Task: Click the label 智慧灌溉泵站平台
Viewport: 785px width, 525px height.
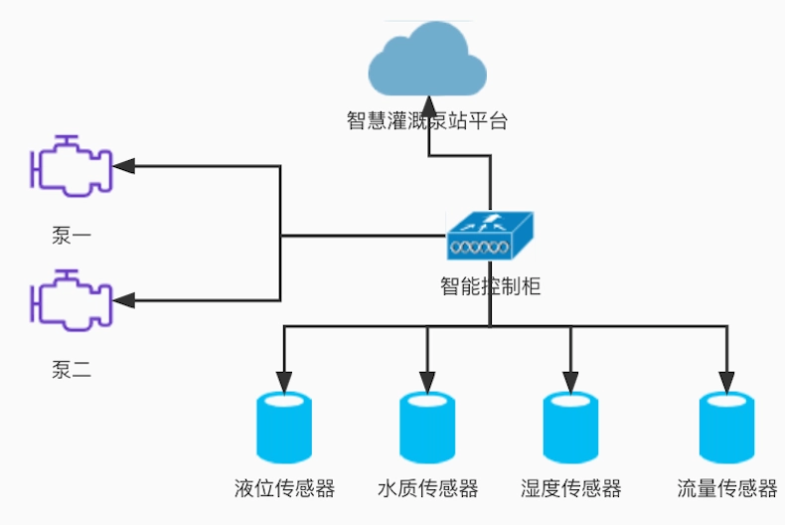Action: (427, 121)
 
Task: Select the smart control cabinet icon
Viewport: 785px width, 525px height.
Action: (489, 237)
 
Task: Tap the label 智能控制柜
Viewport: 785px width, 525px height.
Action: (490, 287)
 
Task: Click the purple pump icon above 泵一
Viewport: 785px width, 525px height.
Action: (72, 164)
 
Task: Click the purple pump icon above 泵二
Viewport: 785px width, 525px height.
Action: (72, 298)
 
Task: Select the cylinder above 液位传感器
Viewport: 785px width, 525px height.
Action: (285, 429)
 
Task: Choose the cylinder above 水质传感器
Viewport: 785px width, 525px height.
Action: (428, 429)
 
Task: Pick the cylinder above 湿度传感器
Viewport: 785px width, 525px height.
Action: (570, 429)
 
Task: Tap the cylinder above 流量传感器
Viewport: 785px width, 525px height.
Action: (726, 429)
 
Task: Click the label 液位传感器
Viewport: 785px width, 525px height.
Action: (285, 488)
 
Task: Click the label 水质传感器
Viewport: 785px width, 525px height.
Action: (428, 488)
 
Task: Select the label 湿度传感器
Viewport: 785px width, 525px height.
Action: (570, 488)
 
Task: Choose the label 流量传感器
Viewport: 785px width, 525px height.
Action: (726, 488)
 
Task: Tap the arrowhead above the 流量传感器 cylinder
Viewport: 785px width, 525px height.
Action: (726, 382)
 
